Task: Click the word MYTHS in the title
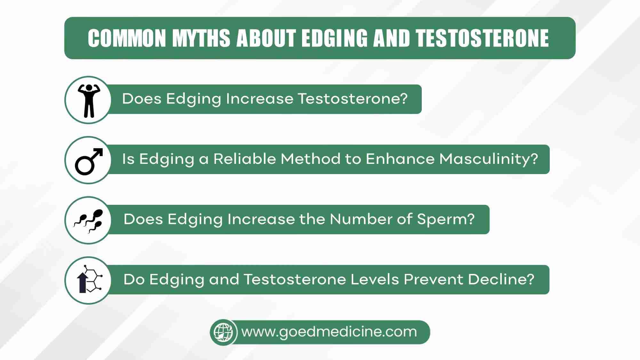[201, 38]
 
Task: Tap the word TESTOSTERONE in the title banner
[482, 38]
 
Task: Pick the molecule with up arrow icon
[89, 279]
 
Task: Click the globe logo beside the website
[223, 332]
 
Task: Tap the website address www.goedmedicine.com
[329, 332]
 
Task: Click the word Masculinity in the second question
[489, 159]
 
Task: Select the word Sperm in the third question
[446, 220]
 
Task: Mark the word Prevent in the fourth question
[434, 279]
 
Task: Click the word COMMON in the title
[127, 38]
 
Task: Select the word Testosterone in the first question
[353, 99]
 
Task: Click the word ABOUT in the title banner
[266, 38]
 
